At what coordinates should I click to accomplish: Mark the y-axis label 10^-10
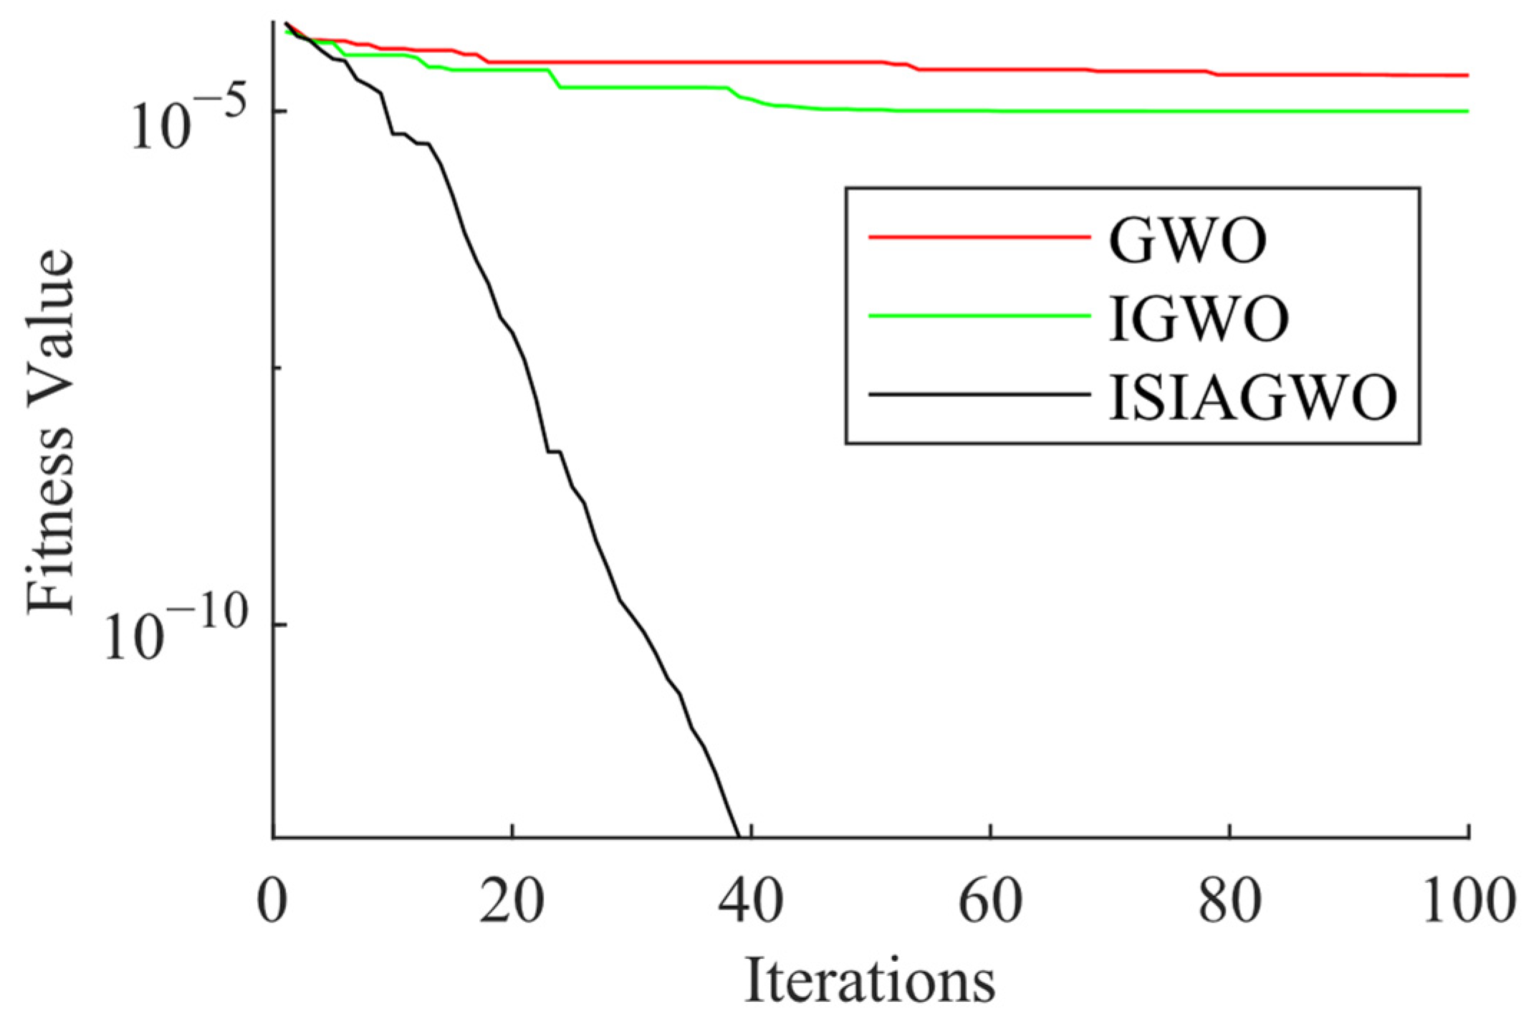pyautogui.click(x=176, y=631)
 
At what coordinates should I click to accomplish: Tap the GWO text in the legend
pyautogui.click(x=1187, y=240)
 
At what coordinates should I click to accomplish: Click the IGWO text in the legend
pyautogui.click(x=1199, y=318)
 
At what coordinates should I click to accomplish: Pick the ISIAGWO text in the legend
pyautogui.click(x=1252, y=397)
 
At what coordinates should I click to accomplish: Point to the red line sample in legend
pyautogui.click(x=979, y=236)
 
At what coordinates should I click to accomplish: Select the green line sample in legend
pyautogui.click(x=979, y=315)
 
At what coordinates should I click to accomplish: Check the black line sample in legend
pyautogui.click(x=979, y=393)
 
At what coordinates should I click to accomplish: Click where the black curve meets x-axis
pyautogui.click(x=739, y=836)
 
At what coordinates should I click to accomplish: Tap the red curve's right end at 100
pyautogui.click(x=1467, y=75)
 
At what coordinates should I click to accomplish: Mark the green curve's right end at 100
pyautogui.click(x=1467, y=111)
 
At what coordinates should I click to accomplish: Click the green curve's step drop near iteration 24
pyautogui.click(x=555, y=79)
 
